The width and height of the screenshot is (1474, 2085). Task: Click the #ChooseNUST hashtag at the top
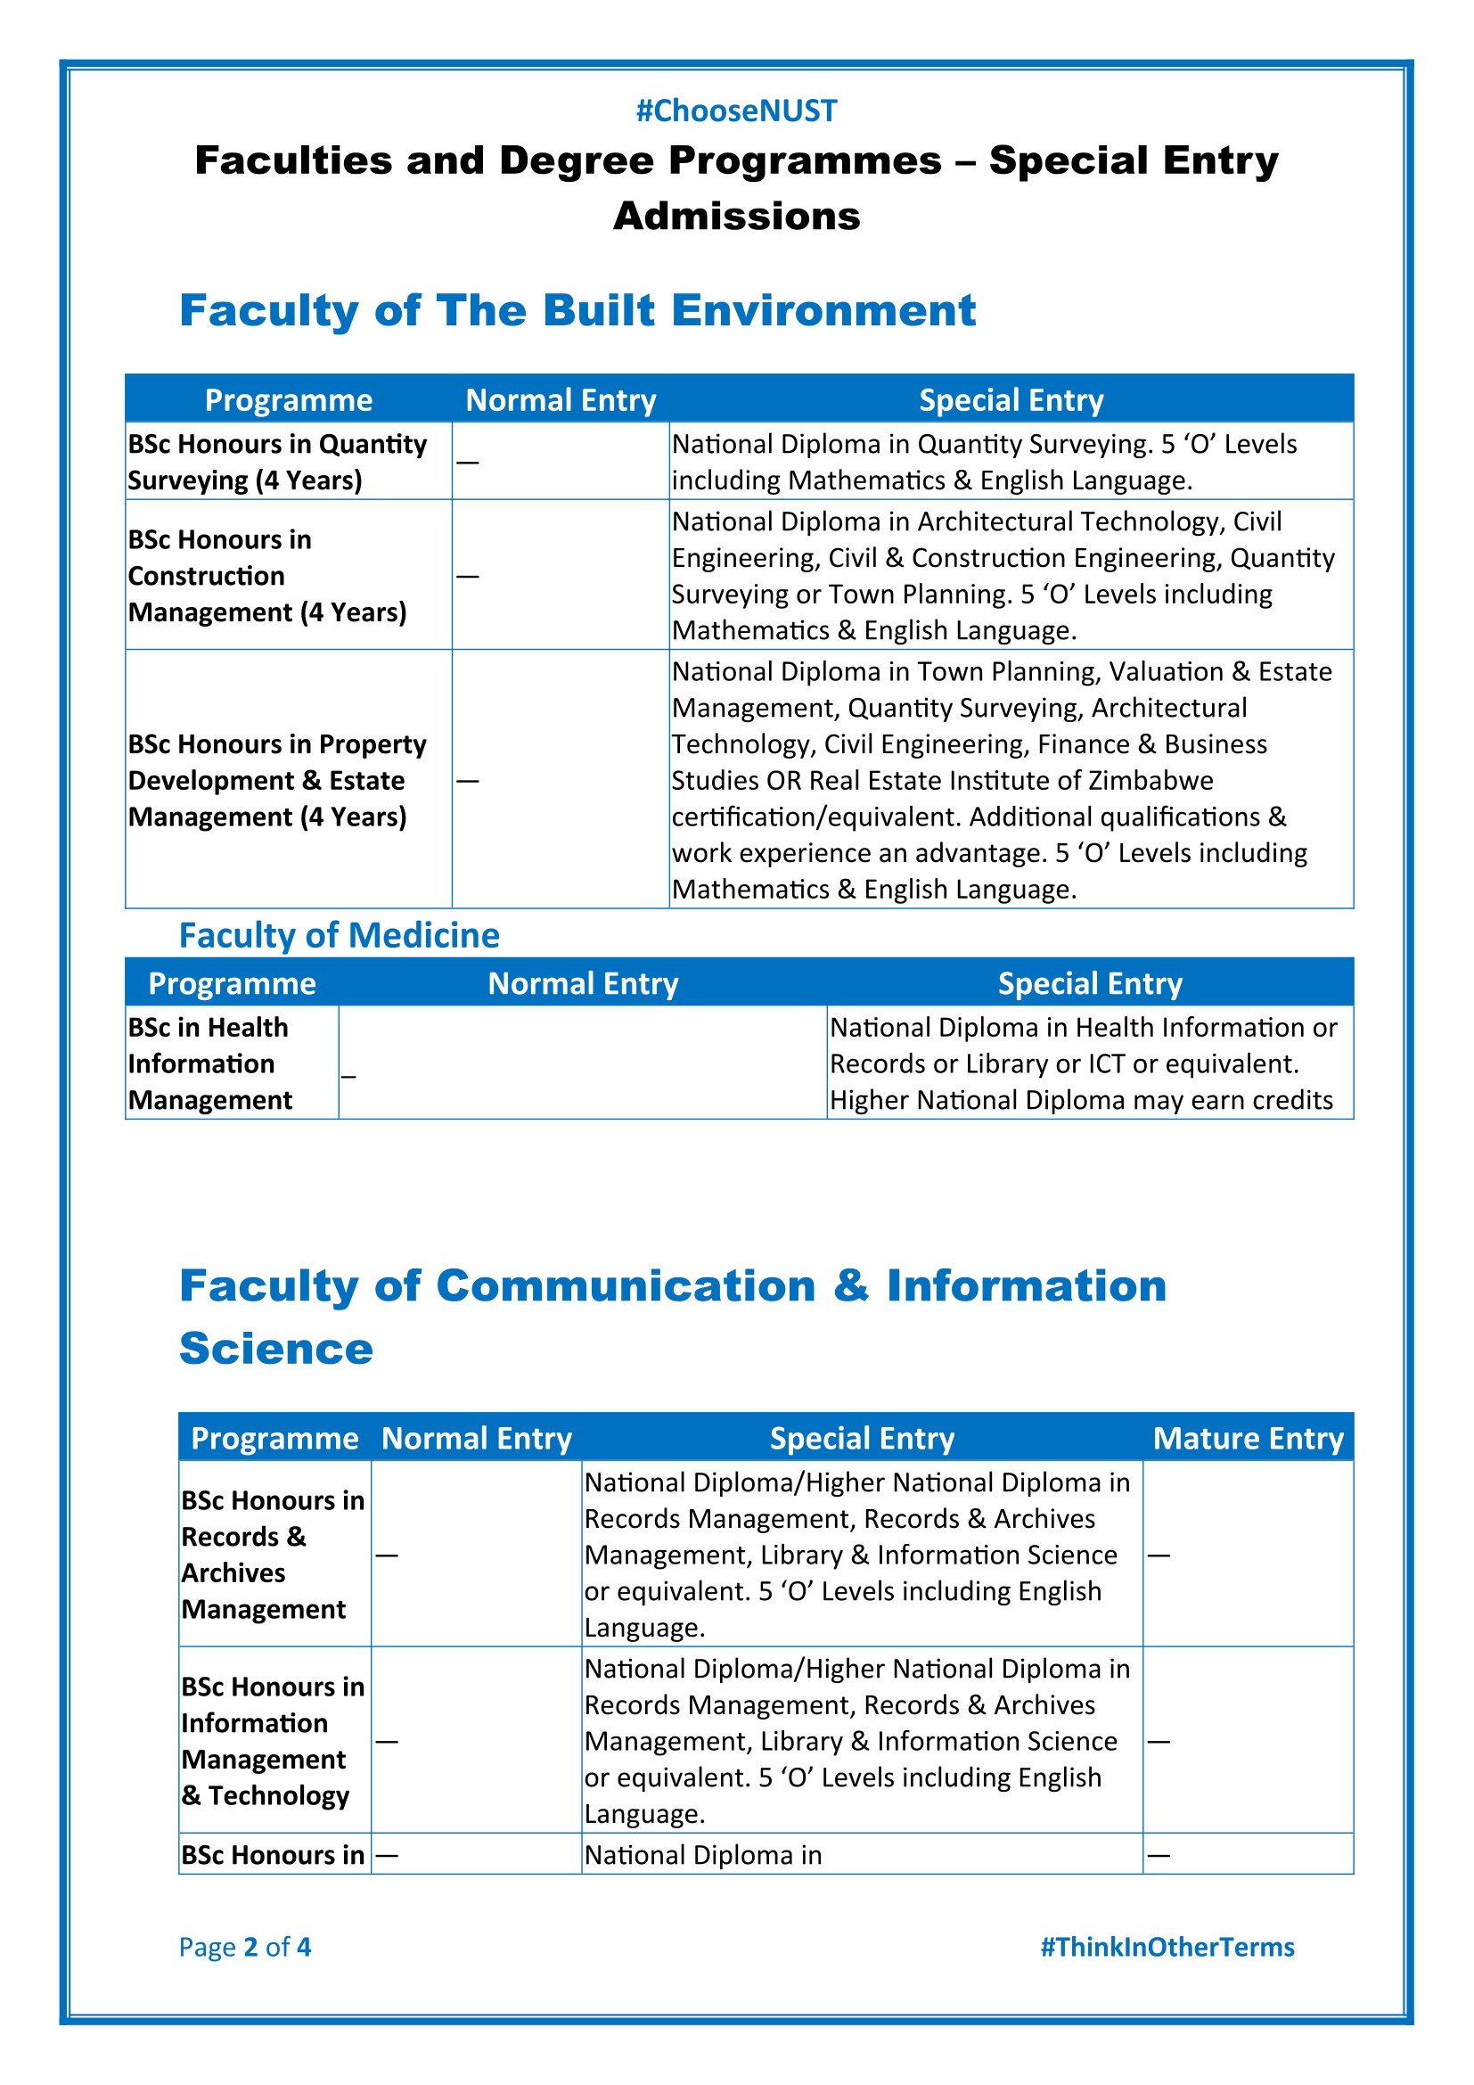(x=736, y=111)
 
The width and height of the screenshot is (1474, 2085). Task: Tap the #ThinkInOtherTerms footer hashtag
(x=1167, y=1946)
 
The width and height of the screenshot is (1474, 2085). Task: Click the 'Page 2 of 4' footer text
(x=244, y=1946)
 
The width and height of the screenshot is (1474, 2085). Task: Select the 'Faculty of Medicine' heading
(x=339, y=935)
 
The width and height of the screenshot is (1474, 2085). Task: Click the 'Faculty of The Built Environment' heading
(x=577, y=310)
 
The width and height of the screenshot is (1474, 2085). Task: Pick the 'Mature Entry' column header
(x=1248, y=1439)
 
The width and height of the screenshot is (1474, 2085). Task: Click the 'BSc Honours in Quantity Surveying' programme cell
(x=277, y=462)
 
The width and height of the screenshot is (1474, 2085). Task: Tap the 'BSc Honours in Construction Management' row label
(x=266, y=576)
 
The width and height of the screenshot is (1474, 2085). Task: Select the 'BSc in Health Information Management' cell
(x=209, y=1063)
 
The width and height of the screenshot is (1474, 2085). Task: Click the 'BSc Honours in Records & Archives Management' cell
(x=273, y=1554)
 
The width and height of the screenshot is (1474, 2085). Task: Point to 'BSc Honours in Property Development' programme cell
(x=277, y=780)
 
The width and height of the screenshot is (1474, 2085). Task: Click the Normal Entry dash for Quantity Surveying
(x=468, y=463)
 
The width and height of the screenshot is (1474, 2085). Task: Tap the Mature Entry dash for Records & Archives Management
(x=1159, y=1556)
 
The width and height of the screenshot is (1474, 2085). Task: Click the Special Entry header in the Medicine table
(x=1090, y=983)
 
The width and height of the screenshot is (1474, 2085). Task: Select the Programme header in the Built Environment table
(x=289, y=400)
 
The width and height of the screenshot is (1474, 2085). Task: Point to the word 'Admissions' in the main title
(x=736, y=216)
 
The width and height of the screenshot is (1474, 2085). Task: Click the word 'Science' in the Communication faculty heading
(x=276, y=1349)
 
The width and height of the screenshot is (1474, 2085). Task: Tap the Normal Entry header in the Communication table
(x=477, y=1439)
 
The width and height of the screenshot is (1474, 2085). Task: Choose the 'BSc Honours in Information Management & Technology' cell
(x=273, y=1740)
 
